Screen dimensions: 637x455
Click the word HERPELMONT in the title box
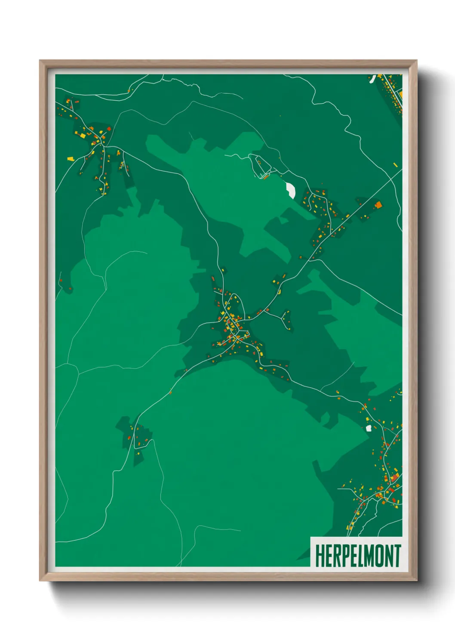[x=358, y=556]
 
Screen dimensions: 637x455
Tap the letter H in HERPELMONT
[x=320, y=556]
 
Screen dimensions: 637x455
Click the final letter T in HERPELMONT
[x=397, y=556]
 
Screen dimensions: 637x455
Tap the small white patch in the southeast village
[x=368, y=428]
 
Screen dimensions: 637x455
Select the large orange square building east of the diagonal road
[x=378, y=205]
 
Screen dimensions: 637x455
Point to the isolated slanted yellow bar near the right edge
[x=395, y=164]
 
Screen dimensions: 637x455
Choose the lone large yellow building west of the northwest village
[x=70, y=159]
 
